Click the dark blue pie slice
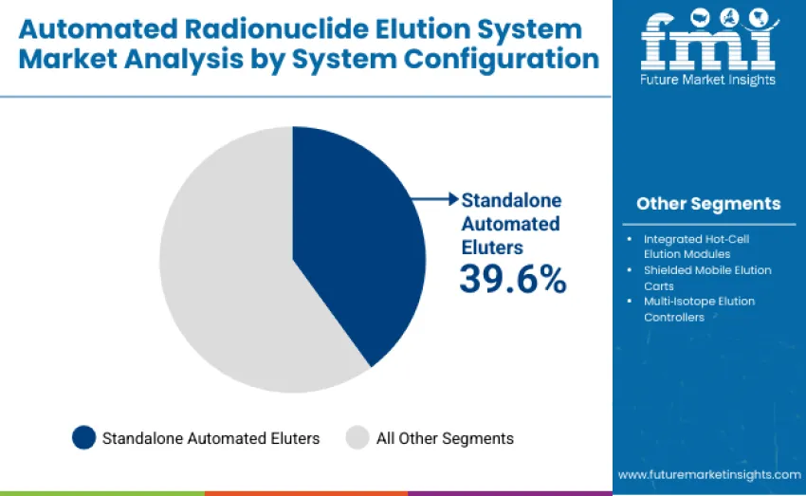351,247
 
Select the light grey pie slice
228,275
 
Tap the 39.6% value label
512,279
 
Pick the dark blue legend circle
83,438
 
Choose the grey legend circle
357,438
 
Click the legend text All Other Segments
445,438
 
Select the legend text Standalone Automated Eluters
211,438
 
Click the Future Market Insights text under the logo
708,80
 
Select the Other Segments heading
708,204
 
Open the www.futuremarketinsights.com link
709,474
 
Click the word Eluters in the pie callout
492,247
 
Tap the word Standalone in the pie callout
511,200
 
